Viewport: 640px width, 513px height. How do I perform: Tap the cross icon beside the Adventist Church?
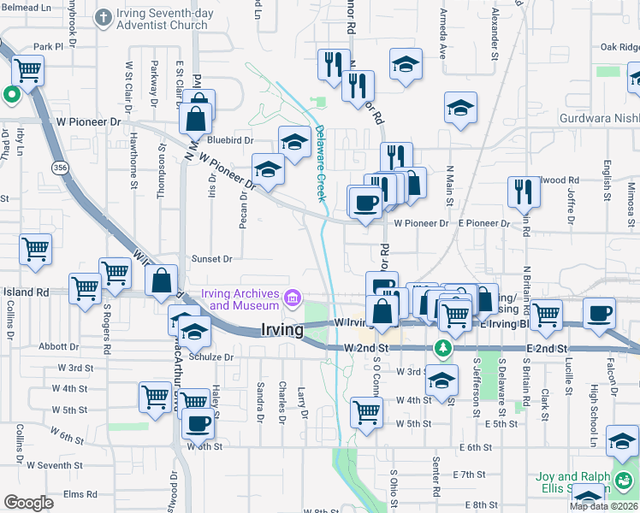pyautogui.click(x=103, y=16)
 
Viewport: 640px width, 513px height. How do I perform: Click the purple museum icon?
pyautogui.click(x=293, y=298)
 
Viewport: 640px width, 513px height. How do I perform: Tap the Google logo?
pyautogui.click(x=28, y=503)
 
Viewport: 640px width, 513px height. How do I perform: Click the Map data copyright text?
pyautogui.click(x=603, y=506)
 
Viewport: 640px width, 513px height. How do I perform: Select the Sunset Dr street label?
pyautogui.click(x=211, y=258)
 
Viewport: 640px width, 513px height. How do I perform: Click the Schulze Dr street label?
pyautogui.click(x=214, y=357)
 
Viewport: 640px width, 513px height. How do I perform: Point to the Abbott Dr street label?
pyautogui.click(x=59, y=347)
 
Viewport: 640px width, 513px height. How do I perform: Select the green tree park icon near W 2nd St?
pyautogui.click(x=442, y=348)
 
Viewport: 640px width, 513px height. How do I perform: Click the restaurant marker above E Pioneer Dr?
pyautogui.click(x=522, y=192)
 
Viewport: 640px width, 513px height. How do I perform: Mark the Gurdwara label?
pyautogui.click(x=599, y=119)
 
